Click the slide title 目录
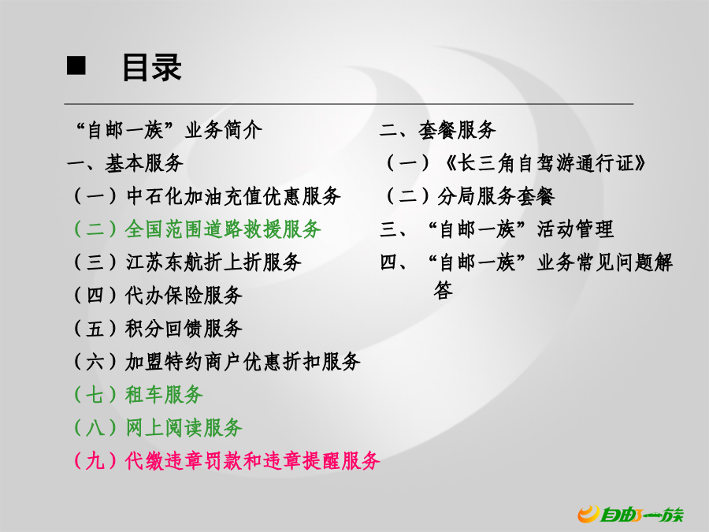152,68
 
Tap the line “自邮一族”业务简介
169,130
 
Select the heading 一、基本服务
125,163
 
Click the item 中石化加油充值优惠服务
233,196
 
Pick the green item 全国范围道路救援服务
224,229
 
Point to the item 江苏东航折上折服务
213,262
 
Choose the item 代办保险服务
184,296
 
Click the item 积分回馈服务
184,329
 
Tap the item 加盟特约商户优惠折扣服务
243,362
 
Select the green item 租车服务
164,395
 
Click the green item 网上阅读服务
184,427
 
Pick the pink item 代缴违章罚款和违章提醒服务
253,460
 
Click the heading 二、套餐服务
438,130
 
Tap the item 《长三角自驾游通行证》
545,163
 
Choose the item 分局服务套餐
496,196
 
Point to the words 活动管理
575,229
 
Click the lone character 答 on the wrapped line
443,290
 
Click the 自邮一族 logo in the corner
631,514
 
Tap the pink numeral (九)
95,460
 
